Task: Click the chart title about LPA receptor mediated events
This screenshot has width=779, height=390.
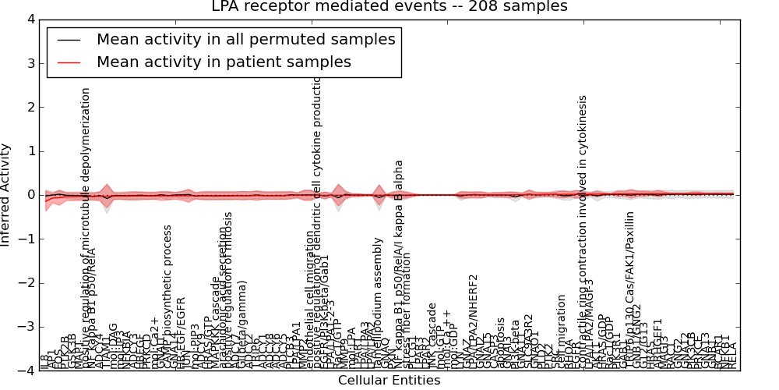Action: pyautogui.click(x=389, y=7)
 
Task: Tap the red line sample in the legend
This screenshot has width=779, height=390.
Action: pyautogui.click(x=68, y=62)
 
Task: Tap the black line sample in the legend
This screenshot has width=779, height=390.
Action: pyautogui.click(x=68, y=39)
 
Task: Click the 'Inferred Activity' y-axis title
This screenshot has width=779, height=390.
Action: pyautogui.click(x=7, y=195)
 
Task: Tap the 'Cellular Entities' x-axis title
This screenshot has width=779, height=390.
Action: pyautogui.click(x=389, y=381)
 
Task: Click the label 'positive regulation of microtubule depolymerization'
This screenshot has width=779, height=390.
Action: pyautogui.click(x=86, y=226)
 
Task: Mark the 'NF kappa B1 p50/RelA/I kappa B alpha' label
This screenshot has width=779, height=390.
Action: pyautogui.click(x=399, y=265)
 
